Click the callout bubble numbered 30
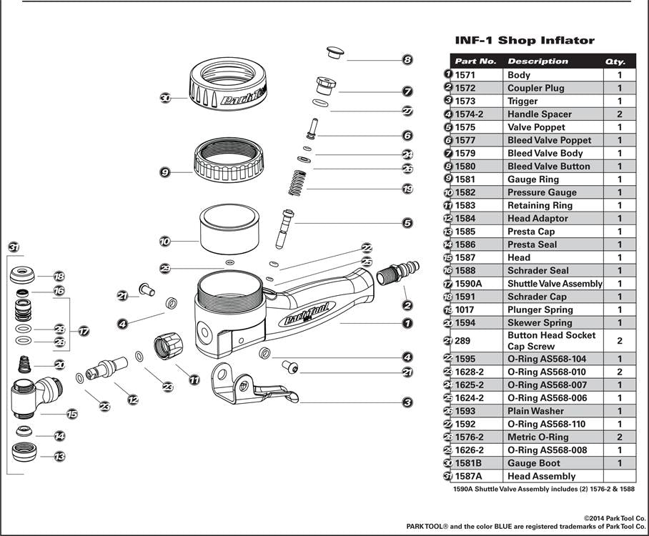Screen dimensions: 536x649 point(165,99)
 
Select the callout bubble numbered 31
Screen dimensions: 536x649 point(14,247)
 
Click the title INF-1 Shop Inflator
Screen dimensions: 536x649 point(525,40)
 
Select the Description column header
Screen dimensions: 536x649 point(537,61)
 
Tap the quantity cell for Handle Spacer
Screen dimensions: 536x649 point(619,114)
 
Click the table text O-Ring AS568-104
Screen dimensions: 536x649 point(546,359)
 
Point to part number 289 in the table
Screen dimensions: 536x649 point(463,341)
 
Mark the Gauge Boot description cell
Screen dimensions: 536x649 point(533,463)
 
